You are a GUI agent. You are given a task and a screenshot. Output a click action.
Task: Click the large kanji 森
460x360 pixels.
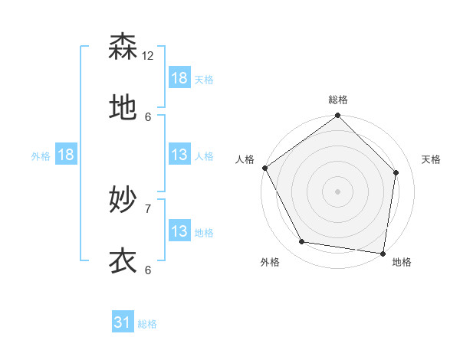click(x=123, y=47)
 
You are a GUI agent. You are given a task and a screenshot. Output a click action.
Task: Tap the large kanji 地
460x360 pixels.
click(x=123, y=108)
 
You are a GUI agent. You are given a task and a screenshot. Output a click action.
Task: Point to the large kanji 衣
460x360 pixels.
click(x=123, y=261)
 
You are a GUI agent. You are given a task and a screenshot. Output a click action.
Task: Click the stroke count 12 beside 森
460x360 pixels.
click(x=148, y=56)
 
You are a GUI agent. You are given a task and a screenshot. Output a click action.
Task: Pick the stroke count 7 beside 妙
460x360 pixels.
click(x=148, y=208)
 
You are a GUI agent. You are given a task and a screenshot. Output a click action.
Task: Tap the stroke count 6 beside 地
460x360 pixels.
click(x=148, y=116)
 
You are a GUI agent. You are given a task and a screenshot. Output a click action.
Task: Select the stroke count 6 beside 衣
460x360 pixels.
click(x=148, y=270)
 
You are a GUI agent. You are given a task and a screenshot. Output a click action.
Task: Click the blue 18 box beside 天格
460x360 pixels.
click(x=179, y=78)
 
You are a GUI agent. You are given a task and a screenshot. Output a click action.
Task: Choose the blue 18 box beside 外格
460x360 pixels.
click(x=66, y=155)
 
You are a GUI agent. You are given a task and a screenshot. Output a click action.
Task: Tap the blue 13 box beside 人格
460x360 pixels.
click(x=179, y=155)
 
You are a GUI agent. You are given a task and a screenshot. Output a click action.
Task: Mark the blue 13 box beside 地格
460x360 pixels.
click(x=179, y=231)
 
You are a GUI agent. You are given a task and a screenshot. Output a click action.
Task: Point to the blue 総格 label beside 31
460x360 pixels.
click(x=147, y=324)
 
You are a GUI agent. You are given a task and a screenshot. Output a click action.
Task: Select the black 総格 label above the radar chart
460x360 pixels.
click(x=338, y=100)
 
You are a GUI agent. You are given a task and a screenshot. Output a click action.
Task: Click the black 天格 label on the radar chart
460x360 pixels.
click(x=432, y=159)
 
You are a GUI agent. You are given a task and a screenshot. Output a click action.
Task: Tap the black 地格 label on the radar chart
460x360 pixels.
click(x=402, y=263)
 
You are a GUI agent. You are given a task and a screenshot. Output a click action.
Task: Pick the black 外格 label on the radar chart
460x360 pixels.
click(x=270, y=263)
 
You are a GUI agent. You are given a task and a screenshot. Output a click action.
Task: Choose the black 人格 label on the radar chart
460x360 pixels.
click(x=245, y=159)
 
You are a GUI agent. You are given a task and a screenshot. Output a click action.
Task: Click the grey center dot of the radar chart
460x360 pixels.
click(x=338, y=191)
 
